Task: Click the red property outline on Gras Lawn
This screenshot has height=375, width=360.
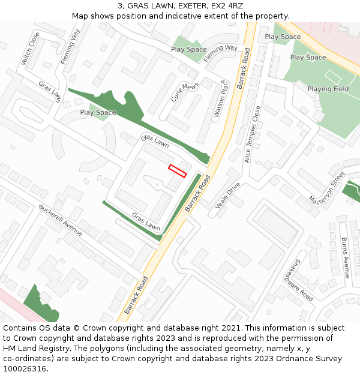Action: tap(178, 170)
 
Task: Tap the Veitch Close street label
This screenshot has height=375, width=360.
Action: tap(30, 49)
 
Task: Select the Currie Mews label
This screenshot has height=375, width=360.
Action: tap(184, 92)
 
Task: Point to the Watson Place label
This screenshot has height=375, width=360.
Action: tap(220, 98)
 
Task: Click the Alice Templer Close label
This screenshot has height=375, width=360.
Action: tap(253, 134)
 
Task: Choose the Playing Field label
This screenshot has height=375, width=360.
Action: tap(328, 89)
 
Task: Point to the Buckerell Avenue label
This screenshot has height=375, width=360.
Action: tap(61, 220)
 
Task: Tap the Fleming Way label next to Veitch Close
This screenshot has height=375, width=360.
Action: tap(70, 46)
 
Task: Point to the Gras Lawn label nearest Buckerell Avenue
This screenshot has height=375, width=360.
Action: tap(146, 223)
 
